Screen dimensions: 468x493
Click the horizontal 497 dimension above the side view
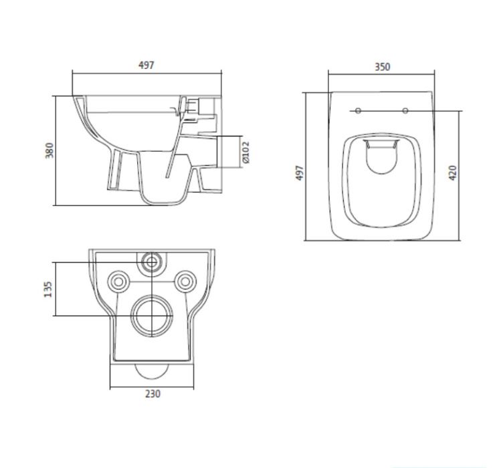point(146,65)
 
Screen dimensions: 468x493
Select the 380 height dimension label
point(48,150)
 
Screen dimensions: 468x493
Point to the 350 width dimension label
point(382,67)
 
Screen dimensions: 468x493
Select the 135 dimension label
point(48,288)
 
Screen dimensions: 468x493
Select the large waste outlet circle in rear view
point(153,314)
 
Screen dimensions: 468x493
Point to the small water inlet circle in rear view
point(153,262)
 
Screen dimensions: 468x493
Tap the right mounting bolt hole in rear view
point(185,280)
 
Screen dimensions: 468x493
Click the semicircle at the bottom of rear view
point(153,370)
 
